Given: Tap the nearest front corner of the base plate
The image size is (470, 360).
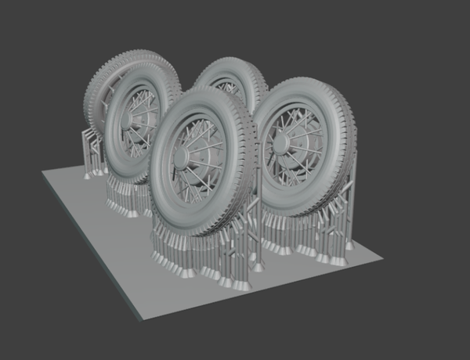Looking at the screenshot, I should click(x=138, y=319).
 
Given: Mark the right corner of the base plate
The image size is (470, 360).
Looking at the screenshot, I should click(x=389, y=255).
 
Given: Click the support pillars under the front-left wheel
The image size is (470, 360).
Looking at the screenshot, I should click(x=125, y=196).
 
